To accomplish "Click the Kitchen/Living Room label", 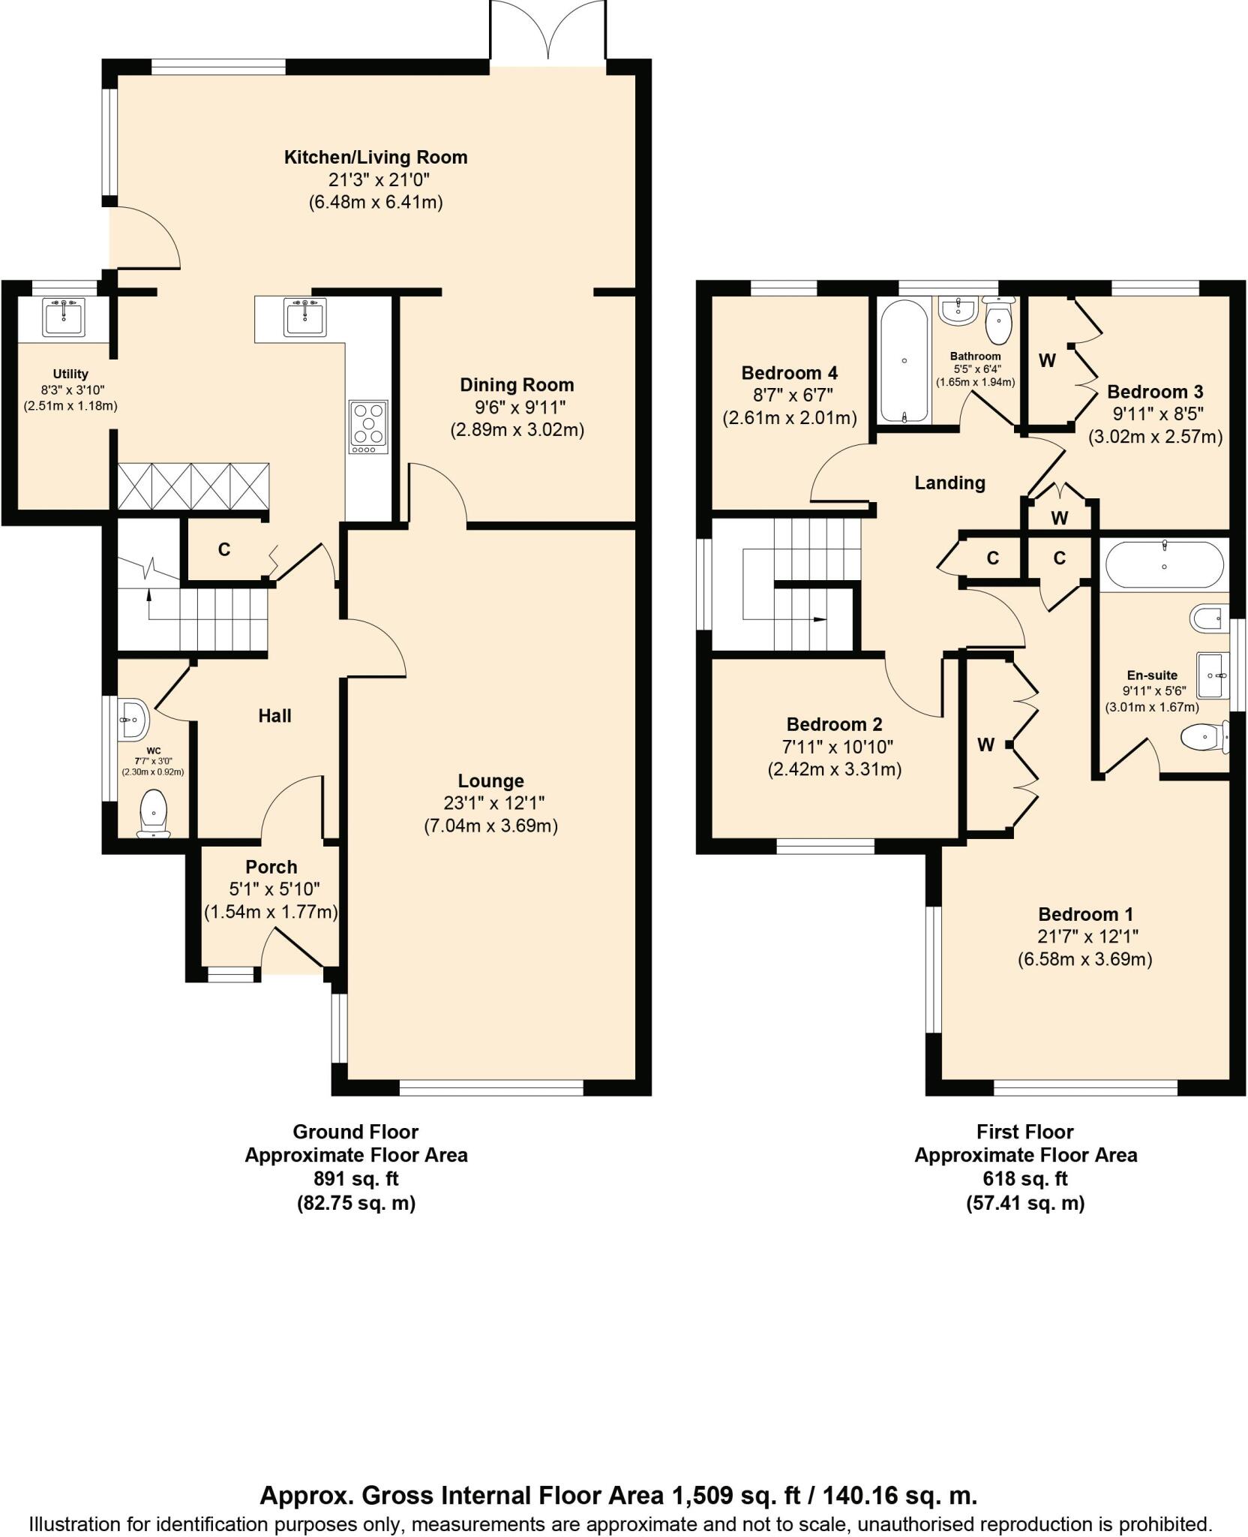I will pos(375,158).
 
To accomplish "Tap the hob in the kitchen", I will pos(368,427).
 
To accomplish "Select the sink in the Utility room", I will pos(65,317).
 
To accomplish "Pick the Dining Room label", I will pos(517,385).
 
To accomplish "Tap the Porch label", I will pos(271,867).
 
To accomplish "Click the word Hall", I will pos(274,716).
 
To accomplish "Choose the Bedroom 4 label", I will pos(789,373).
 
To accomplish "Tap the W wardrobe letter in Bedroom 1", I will pos(985,744).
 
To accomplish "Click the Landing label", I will pos(949,483).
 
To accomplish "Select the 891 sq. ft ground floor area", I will pos(355,1179).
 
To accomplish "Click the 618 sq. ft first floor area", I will pos(1024,1179).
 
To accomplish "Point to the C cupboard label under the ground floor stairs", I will pos(223,550).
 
